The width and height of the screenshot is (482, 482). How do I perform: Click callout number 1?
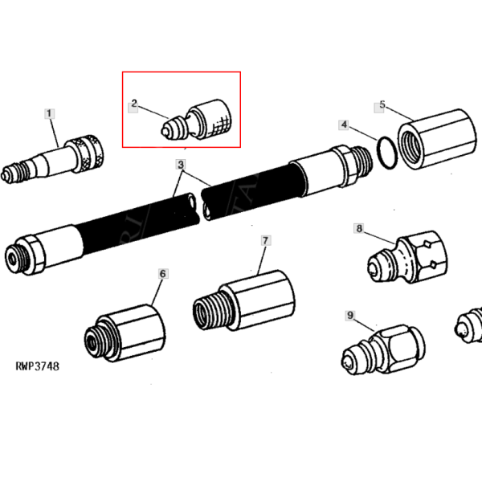(x=51, y=114)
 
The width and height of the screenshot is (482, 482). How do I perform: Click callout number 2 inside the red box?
(x=135, y=104)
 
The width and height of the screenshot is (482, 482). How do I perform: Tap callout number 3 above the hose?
(x=182, y=165)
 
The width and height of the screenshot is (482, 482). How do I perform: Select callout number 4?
(x=343, y=125)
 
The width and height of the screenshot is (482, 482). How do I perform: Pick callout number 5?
(x=382, y=105)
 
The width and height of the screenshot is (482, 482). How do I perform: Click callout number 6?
(x=163, y=274)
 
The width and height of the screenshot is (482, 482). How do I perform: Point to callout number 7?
(x=265, y=240)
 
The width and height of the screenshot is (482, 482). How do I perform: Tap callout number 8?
(x=360, y=230)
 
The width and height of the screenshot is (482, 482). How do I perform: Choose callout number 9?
(x=349, y=315)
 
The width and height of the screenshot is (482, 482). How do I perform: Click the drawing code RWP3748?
(x=37, y=366)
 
